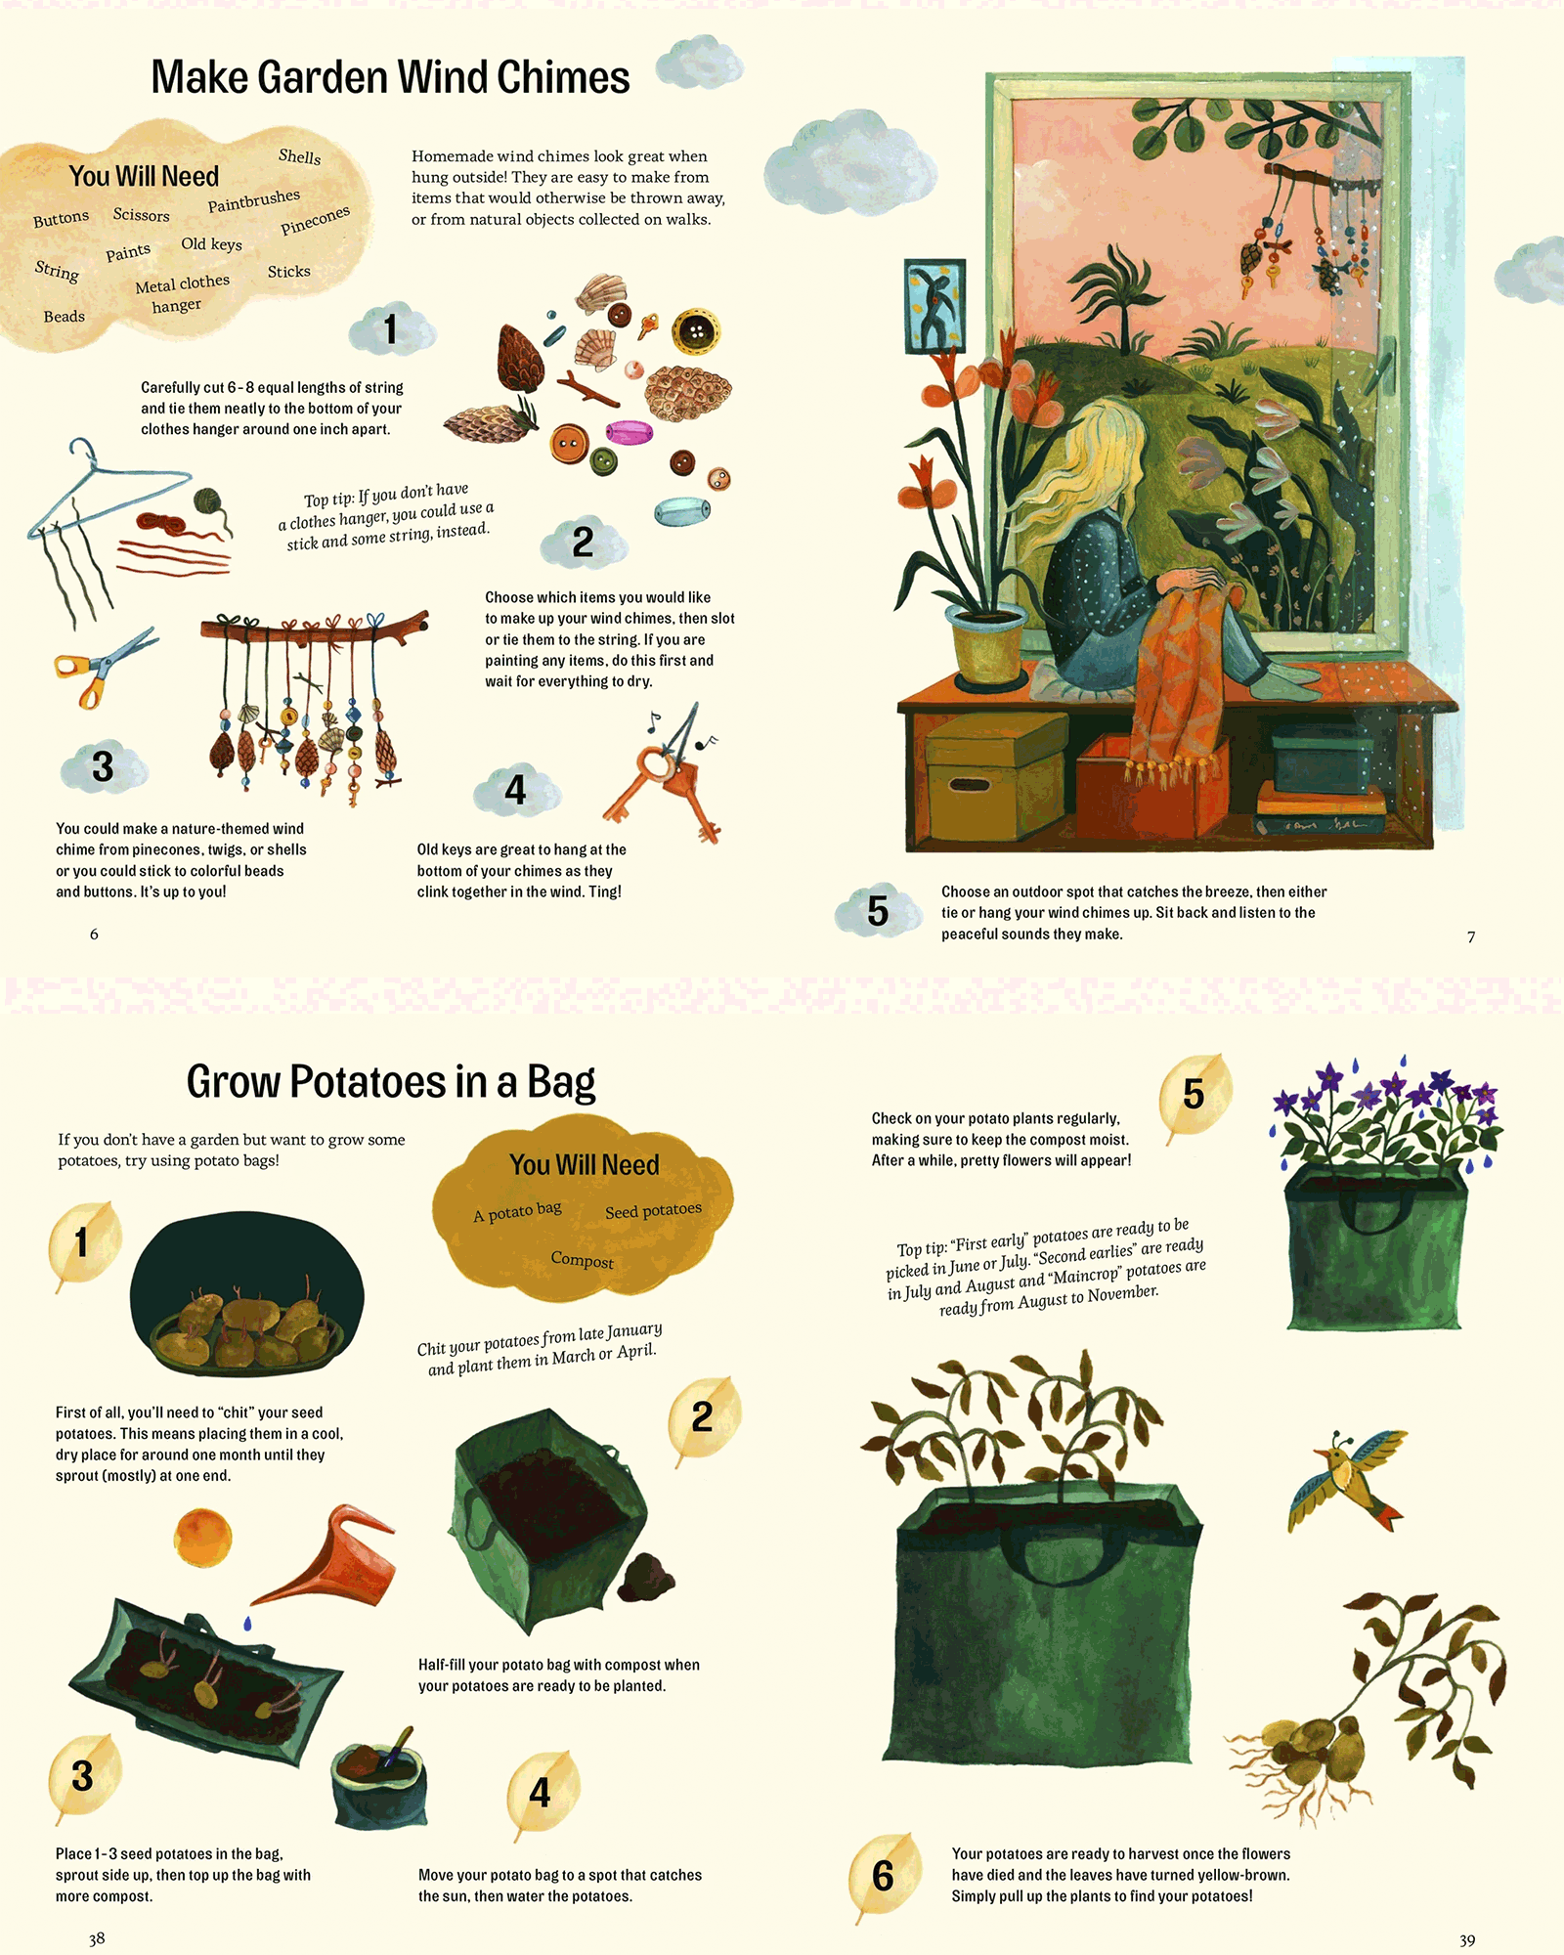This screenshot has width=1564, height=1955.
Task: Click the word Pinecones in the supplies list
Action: [315, 220]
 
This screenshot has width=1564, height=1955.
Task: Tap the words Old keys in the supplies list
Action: [211, 243]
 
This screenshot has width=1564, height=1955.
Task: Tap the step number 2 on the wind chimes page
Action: [583, 542]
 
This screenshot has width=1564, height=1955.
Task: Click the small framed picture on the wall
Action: [935, 306]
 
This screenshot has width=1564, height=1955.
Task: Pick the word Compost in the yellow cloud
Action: [583, 1260]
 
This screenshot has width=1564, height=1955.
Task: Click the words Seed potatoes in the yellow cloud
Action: [653, 1211]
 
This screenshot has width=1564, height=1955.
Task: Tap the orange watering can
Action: [330, 1558]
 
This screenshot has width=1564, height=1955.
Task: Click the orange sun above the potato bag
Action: [203, 1538]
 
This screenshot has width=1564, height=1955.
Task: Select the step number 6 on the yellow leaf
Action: [883, 1876]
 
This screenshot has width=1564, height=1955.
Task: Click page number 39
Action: [1467, 1940]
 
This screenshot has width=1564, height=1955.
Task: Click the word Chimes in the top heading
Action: [563, 77]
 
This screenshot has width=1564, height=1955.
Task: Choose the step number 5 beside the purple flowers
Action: [1194, 1094]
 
